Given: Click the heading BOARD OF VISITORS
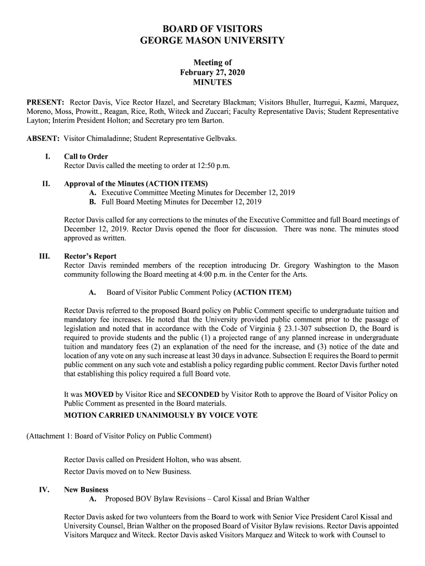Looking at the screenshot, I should click(212, 29).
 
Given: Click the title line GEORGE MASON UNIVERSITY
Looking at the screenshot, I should click(212, 40).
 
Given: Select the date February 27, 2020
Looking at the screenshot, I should click(212, 73).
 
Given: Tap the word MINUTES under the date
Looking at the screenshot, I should click(212, 83).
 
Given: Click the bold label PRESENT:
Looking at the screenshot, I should click(46, 103).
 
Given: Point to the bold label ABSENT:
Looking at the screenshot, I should click(44, 139).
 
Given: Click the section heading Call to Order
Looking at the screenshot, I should click(86, 156).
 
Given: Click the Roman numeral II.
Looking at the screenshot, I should click(46, 184).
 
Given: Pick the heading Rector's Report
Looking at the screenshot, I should click(91, 256).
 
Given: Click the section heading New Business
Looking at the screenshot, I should click(86, 490).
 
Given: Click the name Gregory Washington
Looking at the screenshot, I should click(316, 266).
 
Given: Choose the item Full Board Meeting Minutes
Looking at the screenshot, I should click(146, 202).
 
